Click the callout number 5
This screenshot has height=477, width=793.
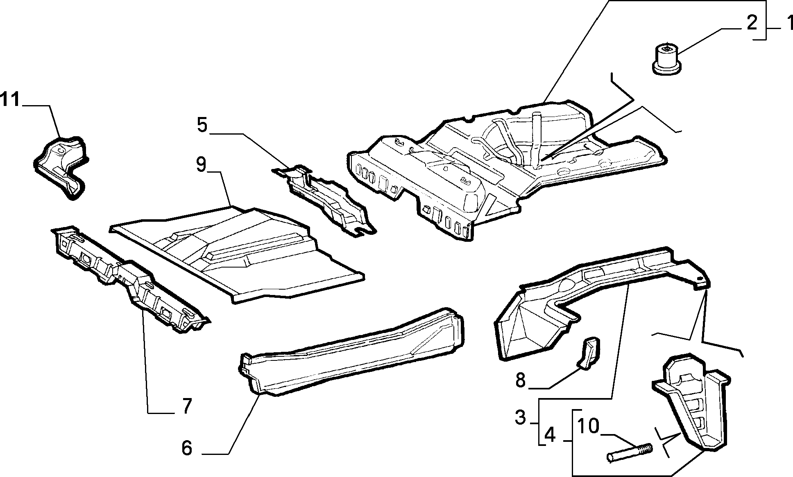click(x=202, y=125)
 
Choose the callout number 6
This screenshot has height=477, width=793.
click(x=186, y=448)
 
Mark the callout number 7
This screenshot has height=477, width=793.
click(x=186, y=406)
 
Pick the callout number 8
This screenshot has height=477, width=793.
click(x=520, y=380)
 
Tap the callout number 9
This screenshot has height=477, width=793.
click(x=201, y=164)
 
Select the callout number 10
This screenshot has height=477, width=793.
click(x=588, y=426)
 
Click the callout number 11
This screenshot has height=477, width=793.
click(x=10, y=99)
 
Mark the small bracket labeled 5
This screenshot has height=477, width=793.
click(x=324, y=200)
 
